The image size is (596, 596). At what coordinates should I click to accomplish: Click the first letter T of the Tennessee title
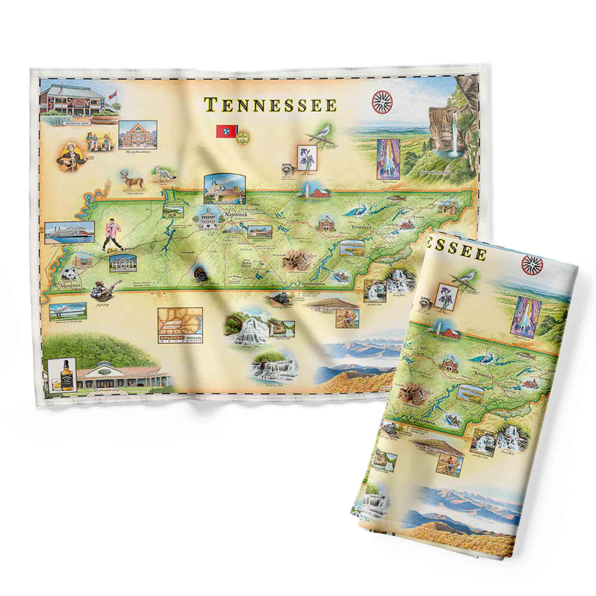pyautogui.click(x=210, y=105)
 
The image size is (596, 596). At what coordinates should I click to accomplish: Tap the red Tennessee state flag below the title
pyautogui.click(x=226, y=132)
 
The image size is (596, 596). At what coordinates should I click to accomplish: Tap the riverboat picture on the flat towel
pyautogui.click(x=70, y=232)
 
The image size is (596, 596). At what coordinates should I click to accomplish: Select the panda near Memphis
pyautogui.click(x=70, y=275)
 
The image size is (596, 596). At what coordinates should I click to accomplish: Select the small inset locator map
pyautogui.click(x=180, y=324)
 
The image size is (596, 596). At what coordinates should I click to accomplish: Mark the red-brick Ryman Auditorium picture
pyautogui.click(x=138, y=135)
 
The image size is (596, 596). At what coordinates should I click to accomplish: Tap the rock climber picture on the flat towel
pyautogui.click(x=347, y=318)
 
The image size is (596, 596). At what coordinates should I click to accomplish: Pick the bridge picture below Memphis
pyautogui.click(x=68, y=311)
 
